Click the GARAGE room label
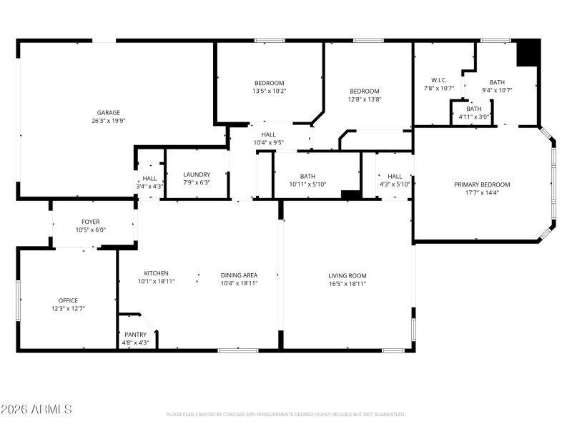109,112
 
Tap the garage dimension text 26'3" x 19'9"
109,121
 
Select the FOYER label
91,222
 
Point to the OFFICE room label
68,300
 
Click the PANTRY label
135,335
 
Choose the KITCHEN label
156,274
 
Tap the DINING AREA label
239,275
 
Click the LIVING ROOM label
347,275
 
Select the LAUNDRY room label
197,174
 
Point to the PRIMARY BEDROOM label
482,184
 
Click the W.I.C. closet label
438,80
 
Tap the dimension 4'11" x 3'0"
473,117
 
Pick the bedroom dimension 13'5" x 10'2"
269,91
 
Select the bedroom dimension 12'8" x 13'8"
364,99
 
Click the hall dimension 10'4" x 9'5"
269,142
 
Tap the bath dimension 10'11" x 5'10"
307,184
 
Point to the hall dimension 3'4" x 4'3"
149,186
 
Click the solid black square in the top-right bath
528,53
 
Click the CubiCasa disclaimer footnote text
285,414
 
